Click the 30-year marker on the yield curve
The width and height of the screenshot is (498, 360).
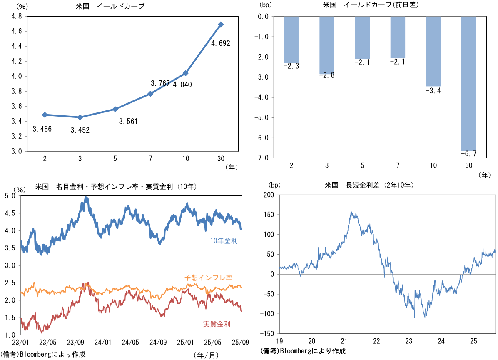coord(221,24)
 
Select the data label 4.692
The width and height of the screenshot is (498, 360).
coord(221,43)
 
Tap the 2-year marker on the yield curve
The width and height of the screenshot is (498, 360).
coord(44,115)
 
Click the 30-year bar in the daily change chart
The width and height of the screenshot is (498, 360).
coord(468,83)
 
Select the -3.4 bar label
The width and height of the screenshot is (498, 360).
coord(433,91)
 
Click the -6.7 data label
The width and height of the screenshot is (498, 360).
coord(468,154)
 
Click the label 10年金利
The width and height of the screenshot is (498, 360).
coord(224,240)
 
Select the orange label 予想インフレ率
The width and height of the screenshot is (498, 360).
coord(208,277)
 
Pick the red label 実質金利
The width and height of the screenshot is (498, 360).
coord(217,324)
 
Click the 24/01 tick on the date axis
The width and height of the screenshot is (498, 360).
coord(103,342)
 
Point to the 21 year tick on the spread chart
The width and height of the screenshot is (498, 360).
coord(344,341)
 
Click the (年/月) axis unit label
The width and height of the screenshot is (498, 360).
coord(206,355)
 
